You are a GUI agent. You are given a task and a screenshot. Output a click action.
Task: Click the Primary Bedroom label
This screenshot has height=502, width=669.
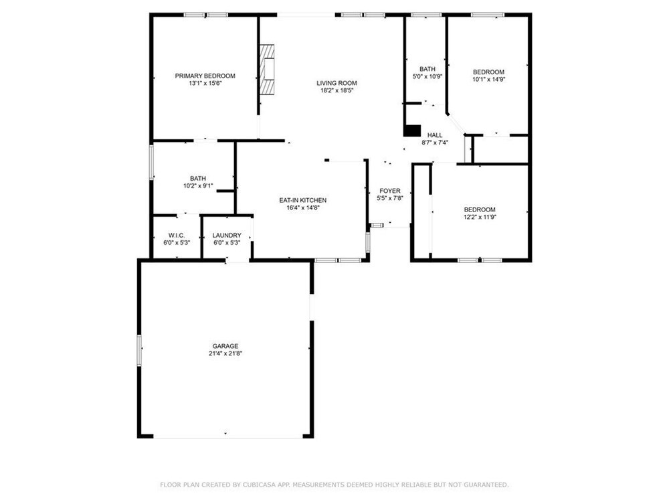click(205, 76)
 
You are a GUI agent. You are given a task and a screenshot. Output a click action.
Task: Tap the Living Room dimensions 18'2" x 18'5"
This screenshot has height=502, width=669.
click(337, 90)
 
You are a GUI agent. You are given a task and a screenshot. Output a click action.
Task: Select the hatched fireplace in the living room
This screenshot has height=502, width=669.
click(267, 69)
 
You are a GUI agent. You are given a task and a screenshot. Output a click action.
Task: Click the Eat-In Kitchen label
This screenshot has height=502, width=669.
click(303, 200)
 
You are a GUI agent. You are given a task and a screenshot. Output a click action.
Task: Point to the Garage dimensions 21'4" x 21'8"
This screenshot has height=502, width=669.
click(225, 353)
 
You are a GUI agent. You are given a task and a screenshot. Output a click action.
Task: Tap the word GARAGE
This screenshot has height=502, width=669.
click(225, 346)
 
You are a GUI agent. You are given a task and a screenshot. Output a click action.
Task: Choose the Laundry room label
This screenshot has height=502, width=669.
click(227, 235)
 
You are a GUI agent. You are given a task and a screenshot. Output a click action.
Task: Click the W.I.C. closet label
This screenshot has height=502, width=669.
click(177, 235)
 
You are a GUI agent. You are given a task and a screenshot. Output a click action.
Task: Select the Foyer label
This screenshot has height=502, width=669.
click(390, 191)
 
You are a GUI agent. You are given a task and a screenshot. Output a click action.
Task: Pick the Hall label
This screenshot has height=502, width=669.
click(435, 135)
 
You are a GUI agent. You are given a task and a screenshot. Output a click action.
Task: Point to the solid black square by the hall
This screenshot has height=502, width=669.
click(412, 131)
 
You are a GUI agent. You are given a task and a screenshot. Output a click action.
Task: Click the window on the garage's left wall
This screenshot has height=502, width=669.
click(139, 350)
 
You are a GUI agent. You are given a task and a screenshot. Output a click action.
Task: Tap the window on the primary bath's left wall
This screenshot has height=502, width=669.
click(151, 162)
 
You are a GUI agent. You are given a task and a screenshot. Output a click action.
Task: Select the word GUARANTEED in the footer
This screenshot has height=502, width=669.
click(486, 485)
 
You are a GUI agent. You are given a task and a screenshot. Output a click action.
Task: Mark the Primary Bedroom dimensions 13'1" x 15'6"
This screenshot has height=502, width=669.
click(205, 83)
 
